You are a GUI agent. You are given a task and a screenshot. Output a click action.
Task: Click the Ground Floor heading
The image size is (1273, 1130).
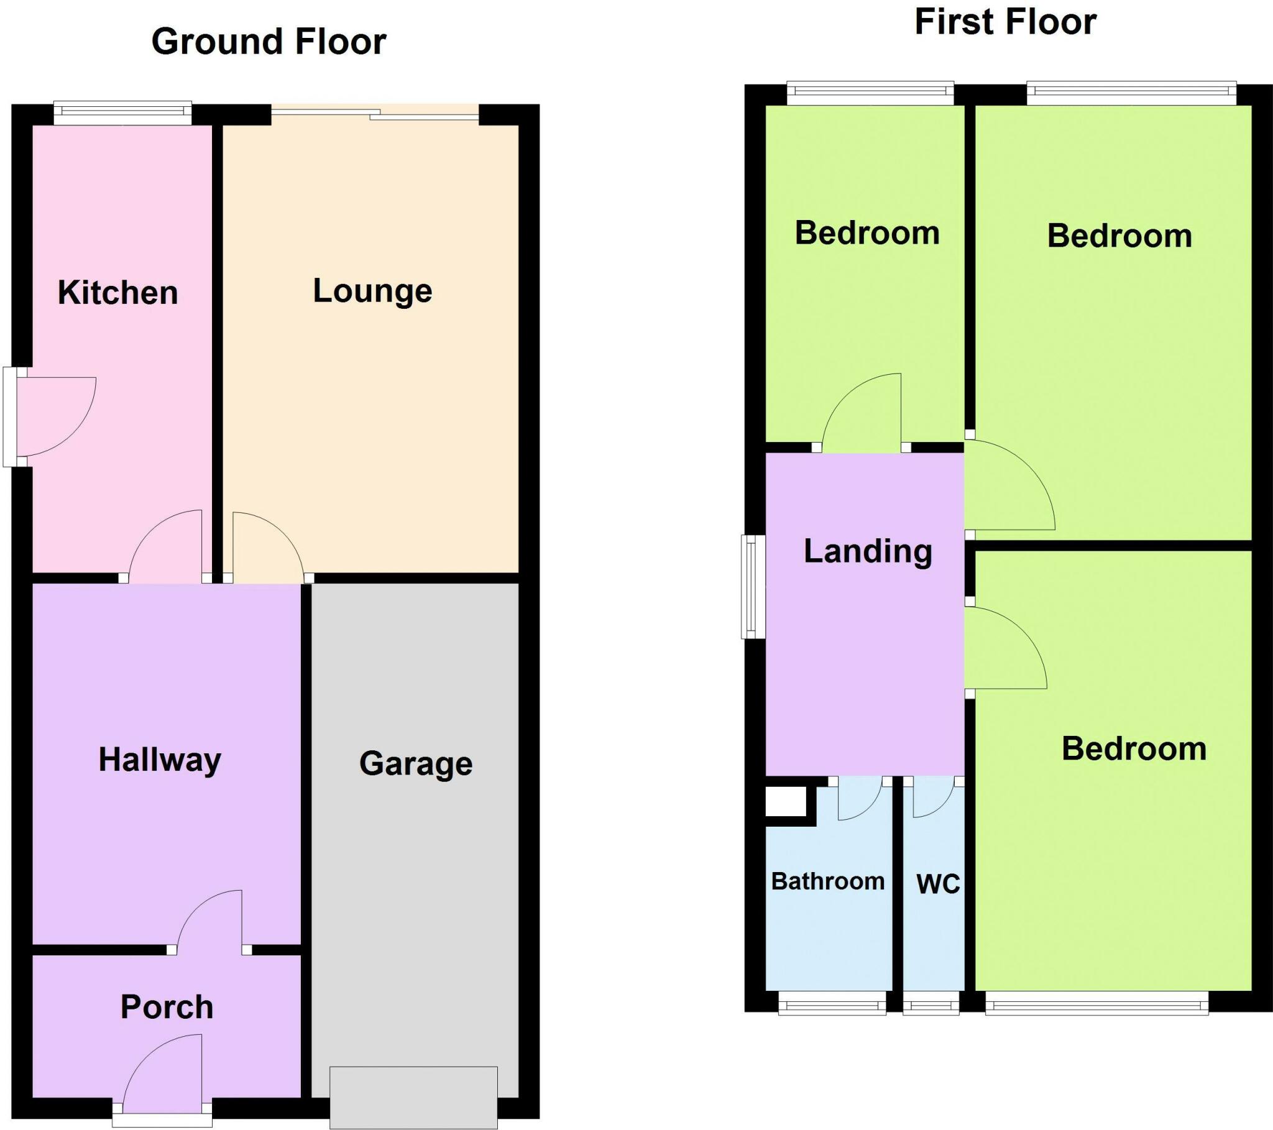pos(269,42)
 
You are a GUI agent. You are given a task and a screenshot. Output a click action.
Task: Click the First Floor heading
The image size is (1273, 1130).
pos(1004,22)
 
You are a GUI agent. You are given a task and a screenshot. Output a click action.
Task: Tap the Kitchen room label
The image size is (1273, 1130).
pos(117,293)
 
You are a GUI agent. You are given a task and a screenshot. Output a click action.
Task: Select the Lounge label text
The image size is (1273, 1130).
pos(372,291)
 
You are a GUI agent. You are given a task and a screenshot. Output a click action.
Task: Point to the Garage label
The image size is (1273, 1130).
pos(415,764)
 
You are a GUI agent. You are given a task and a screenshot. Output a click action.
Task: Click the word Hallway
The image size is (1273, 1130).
pos(160,760)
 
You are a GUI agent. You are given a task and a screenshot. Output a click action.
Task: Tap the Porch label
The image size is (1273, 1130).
pos(167,1008)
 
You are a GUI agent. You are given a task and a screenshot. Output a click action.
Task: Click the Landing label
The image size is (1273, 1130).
pos(868,551)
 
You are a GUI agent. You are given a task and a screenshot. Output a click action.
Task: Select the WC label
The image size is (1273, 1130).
pos(938,884)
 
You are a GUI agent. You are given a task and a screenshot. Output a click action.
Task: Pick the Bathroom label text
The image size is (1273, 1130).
pos(828,881)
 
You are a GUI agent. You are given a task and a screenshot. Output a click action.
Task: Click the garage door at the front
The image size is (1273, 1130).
pos(413,1097)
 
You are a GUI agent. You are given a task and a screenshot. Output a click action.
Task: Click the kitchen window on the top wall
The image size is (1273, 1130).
pos(122,112)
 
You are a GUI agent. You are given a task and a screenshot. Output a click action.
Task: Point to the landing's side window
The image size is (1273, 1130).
pos(752,587)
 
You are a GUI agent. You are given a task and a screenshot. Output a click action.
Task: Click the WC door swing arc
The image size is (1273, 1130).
pos(934,799)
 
